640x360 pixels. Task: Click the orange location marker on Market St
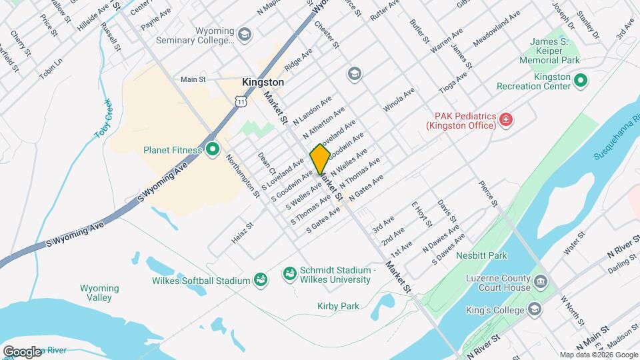[x=320, y=159]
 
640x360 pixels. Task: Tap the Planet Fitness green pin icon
[x=213, y=149]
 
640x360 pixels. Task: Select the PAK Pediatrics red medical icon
[x=506, y=120]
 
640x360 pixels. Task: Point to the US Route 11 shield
[x=240, y=100]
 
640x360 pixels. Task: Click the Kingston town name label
[x=263, y=83]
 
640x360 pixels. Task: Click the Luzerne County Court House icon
[x=540, y=281]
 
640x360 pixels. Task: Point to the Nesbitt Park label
[x=481, y=255]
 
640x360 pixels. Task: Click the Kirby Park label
[x=338, y=306]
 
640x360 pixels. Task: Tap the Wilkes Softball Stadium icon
[x=261, y=280]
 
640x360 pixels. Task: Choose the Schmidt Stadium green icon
[x=289, y=273]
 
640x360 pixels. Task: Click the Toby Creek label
[x=103, y=119]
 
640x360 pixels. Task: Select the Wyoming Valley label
[x=99, y=293]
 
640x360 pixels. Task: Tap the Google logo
[x=22, y=351]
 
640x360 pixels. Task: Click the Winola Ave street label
[x=395, y=106]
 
